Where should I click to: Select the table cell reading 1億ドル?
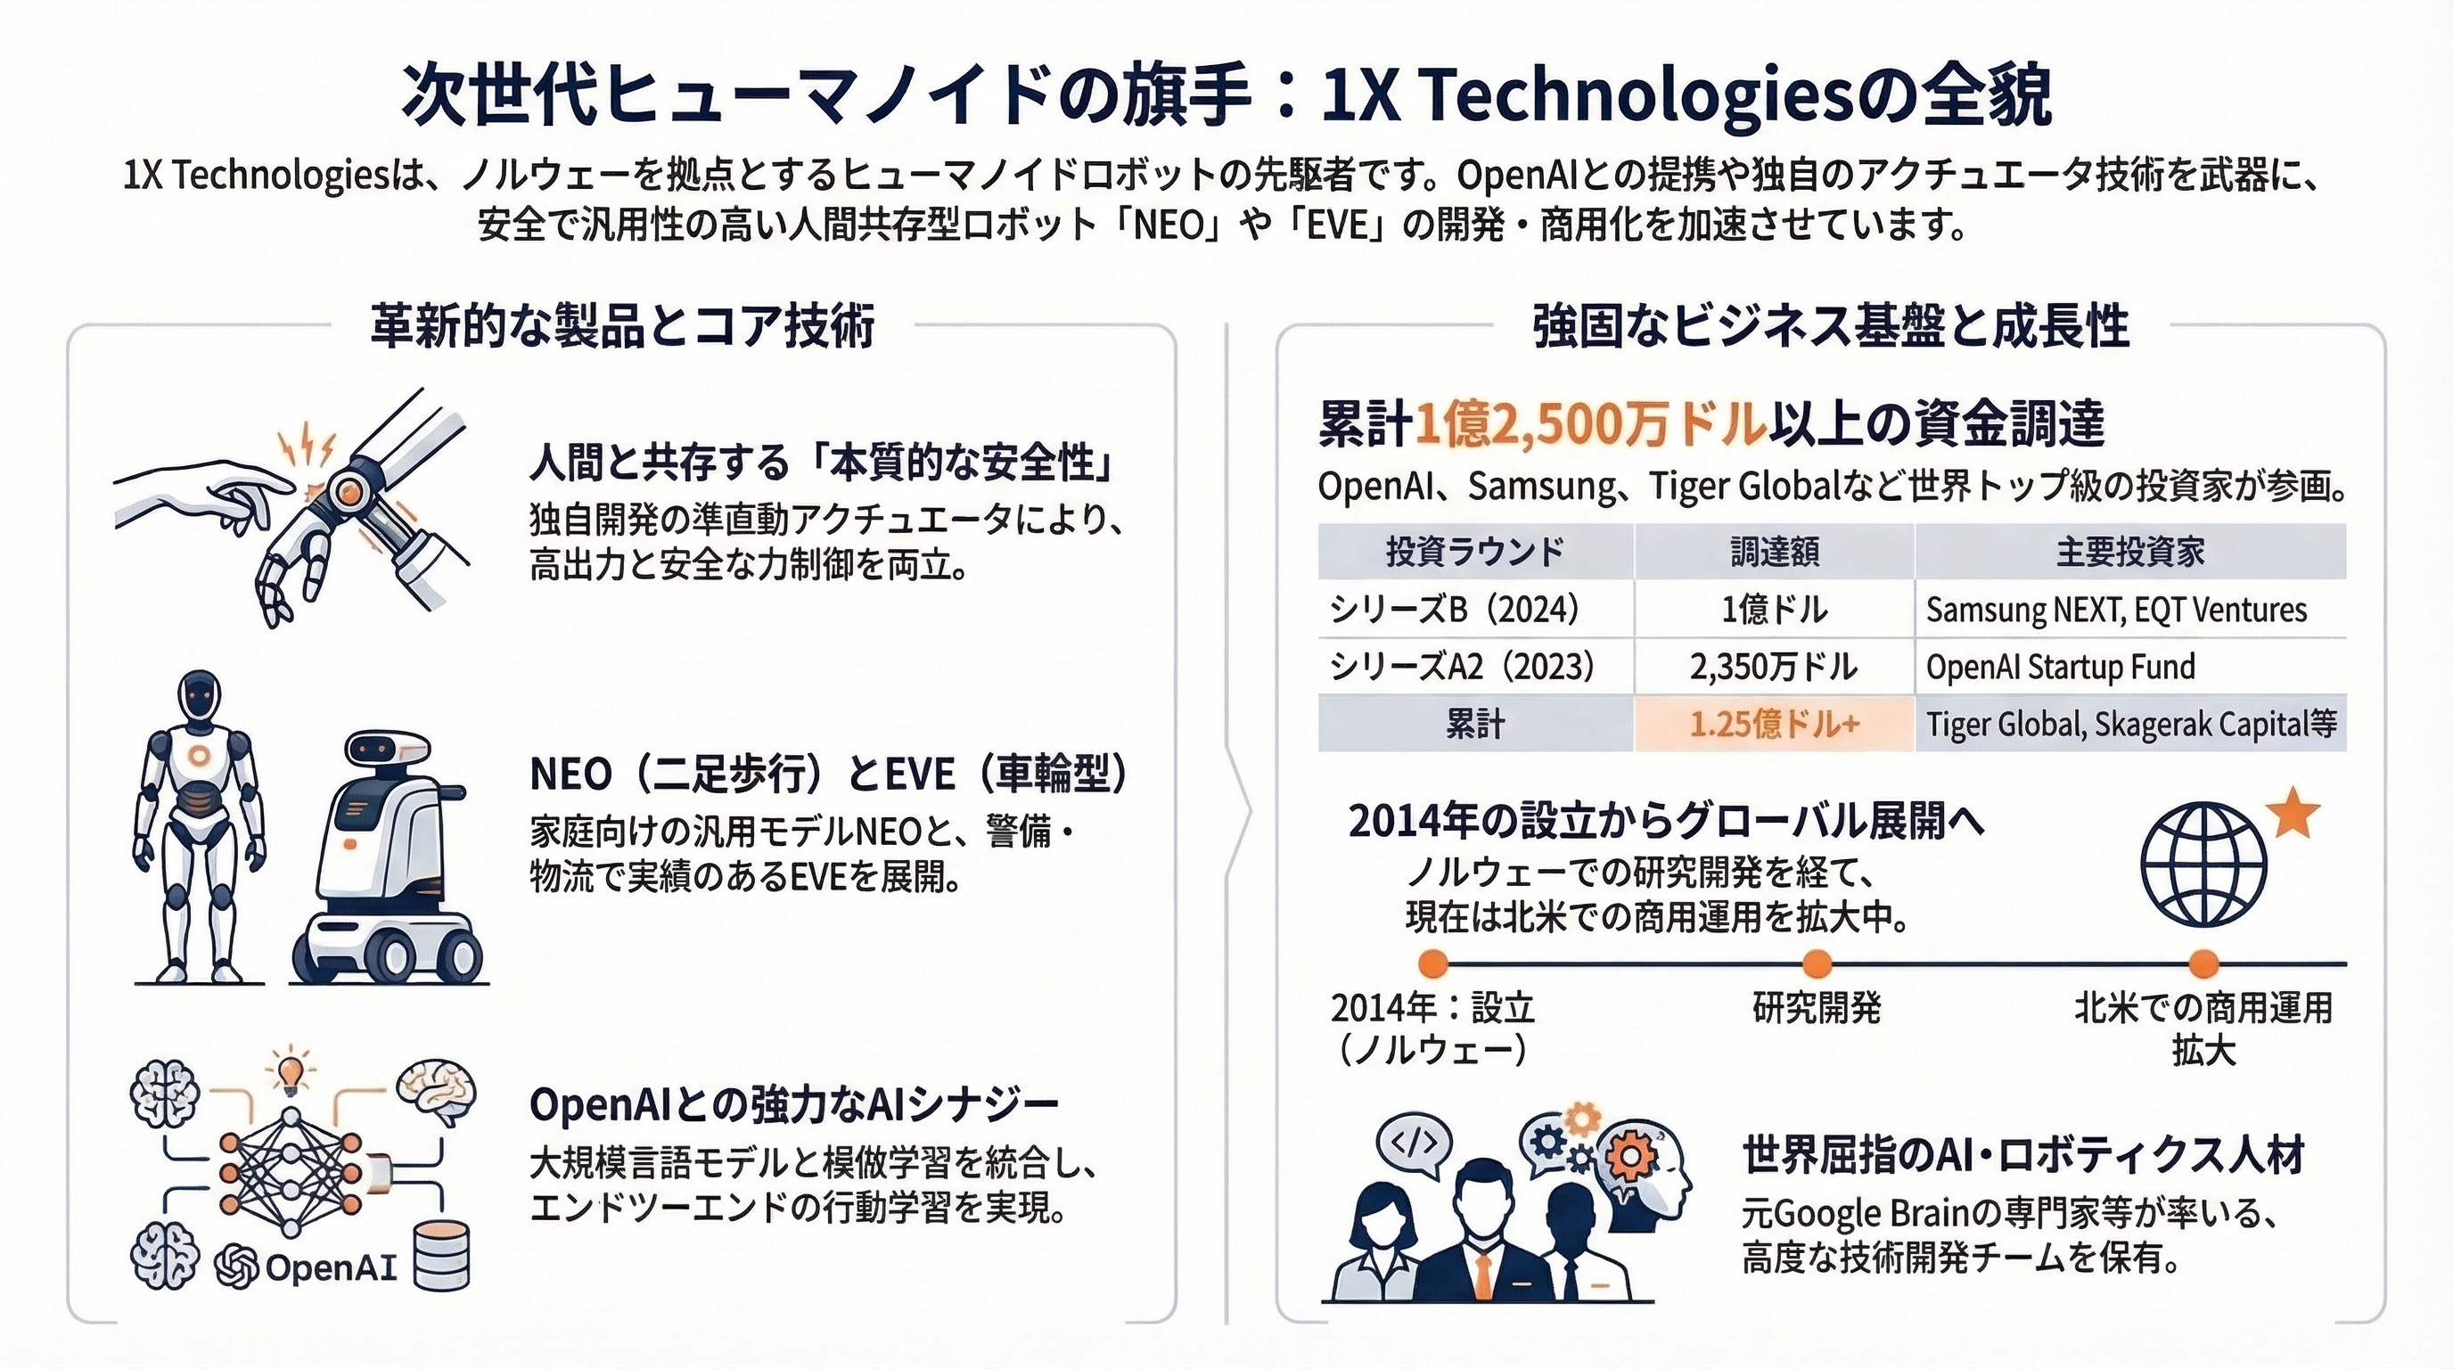pyautogui.click(x=1774, y=610)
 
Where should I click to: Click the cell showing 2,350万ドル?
pyautogui.click(x=1774, y=667)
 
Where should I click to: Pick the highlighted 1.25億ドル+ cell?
pyautogui.click(x=1774, y=725)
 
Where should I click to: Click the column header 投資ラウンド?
pyautogui.click(x=1475, y=551)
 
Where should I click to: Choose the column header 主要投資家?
pyautogui.click(x=2131, y=551)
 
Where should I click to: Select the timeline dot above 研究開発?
pyautogui.click(x=1817, y=964)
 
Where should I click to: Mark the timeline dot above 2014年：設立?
pyautogui.click(x=1433, y=964)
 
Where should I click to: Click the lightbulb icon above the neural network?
pyautogui.click(x=290, y=1070)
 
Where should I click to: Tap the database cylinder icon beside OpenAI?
pyautogui.click(x=443, y=1255)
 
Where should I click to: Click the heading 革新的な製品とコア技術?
pyautogui.click(x=623, y=325)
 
